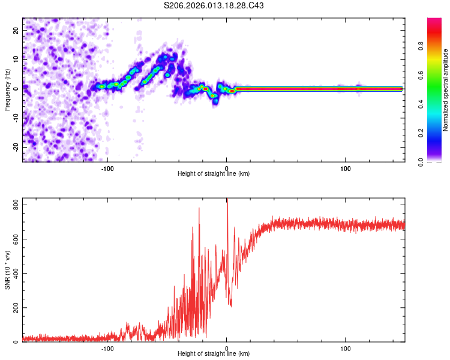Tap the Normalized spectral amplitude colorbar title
(445, 90)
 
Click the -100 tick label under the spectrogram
(107, 168)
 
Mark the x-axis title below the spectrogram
(214, 174)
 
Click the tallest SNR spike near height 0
(227, 200)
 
